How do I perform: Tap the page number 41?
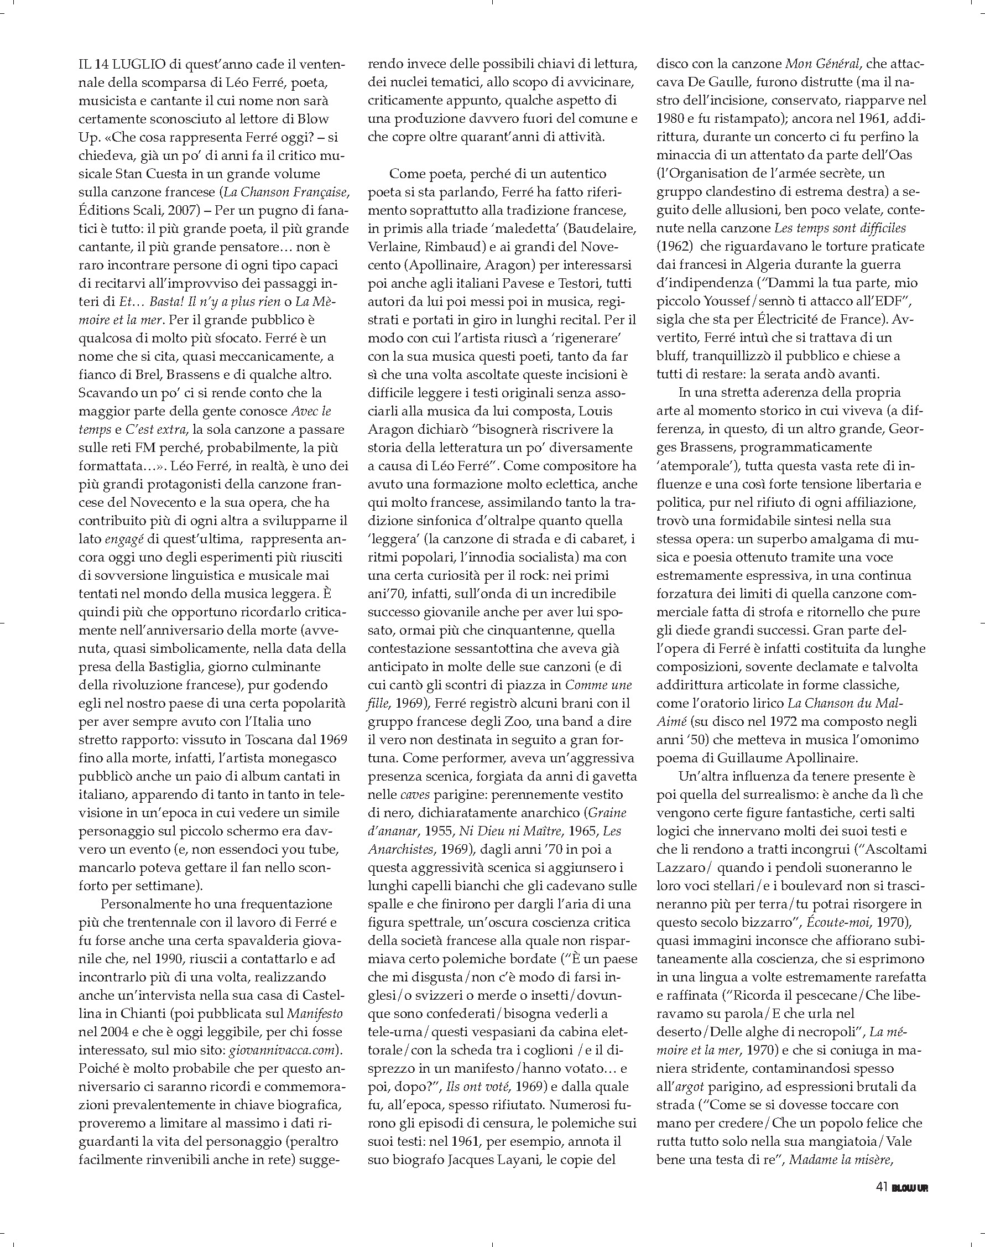tap(881, 1187)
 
